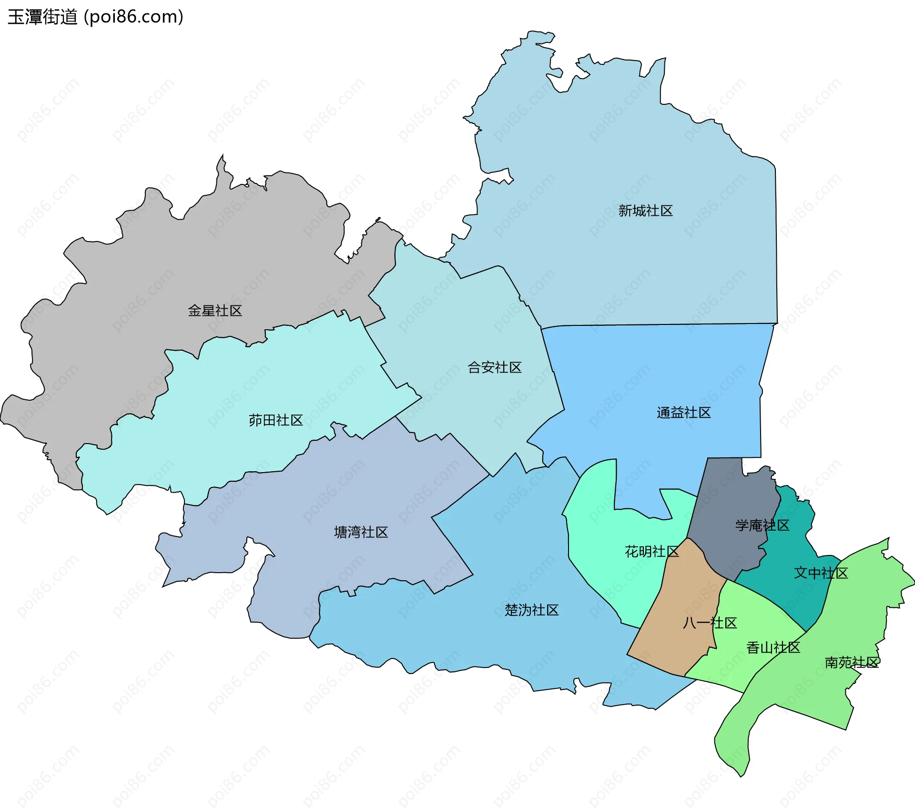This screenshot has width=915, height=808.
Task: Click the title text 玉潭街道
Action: pyautogui.click(x=42, y=17)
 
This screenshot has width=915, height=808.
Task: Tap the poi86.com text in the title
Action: pyautogui.click(x=133, y=17)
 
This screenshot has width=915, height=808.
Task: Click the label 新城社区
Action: pyautogui.click(x=645, y=211)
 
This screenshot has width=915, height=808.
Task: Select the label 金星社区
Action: pyautogui.click(x=215, y=311)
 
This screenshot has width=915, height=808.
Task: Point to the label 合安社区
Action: pyautogui.click(x=495, y=367)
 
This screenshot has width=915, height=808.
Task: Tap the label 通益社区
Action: pyautogui.click(x=683, y=413)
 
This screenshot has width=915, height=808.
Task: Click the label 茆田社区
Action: pyautogui.click(x=275, y=420)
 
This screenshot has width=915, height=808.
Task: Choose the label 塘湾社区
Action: pyautogui.click(x=361, y=532)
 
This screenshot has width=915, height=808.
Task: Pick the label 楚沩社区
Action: pyautogui.click(x=531, y=610)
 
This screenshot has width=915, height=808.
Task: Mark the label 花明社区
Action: pyautogui.click(x=651, y=552)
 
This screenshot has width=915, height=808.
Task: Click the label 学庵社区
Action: pyautogui.click(x=762, y=525)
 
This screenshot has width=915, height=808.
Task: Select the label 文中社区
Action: pyautogui.click(x=821, y=573)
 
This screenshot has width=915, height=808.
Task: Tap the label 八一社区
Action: pyautogui.click(x=710, y=623)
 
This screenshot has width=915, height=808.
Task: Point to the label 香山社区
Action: pyautogui.click(x=773, y=647)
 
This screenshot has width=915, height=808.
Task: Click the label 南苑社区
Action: pyautogui.click(x=852, y=662)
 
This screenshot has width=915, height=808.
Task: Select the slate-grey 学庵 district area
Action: pyautogui.click(x=729, y=500)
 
